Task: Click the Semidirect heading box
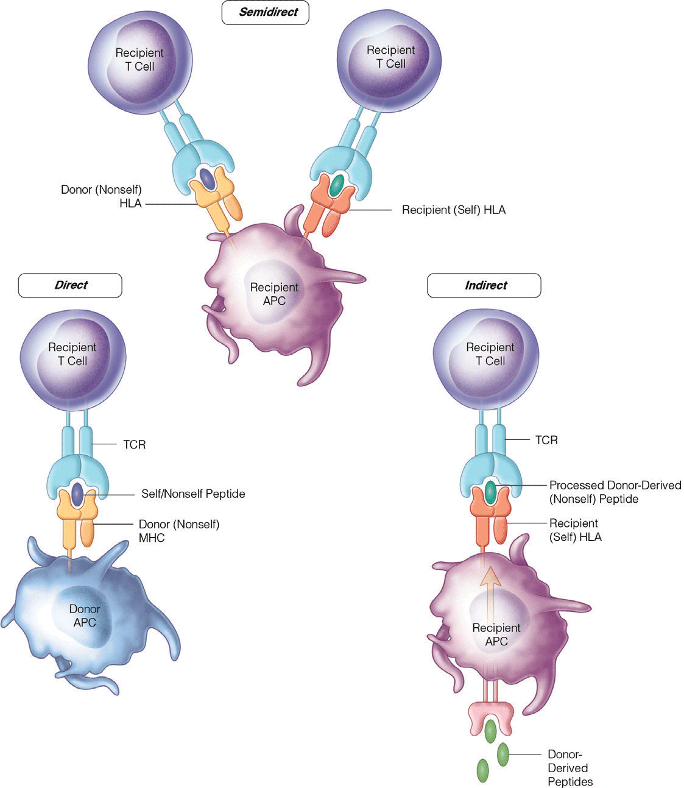[x=265, y=12]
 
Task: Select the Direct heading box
[x=70, y=285]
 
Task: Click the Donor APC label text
[x=85, y=616]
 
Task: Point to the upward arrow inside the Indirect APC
[x=491, y=585]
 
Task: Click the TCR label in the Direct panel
[x=134, y=444]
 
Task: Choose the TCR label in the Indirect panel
[x=546, y=439]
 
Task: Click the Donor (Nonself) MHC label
[x=178, y=531]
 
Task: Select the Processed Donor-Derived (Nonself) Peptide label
[x=615, y=492]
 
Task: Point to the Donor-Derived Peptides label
[x=569, y=768]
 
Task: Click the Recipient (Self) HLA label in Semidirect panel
[x=453, y=210]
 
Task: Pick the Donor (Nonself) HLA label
[x=101, y=196]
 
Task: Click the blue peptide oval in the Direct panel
[x=77, y=494]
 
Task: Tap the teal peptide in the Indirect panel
[x=490, y=492]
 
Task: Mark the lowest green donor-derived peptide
[x=482, y=770]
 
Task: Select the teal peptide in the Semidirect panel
[x=334, y=185]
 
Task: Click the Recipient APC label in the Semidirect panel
[x=274, y=293]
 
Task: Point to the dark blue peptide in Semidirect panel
[x=207, y=179]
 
